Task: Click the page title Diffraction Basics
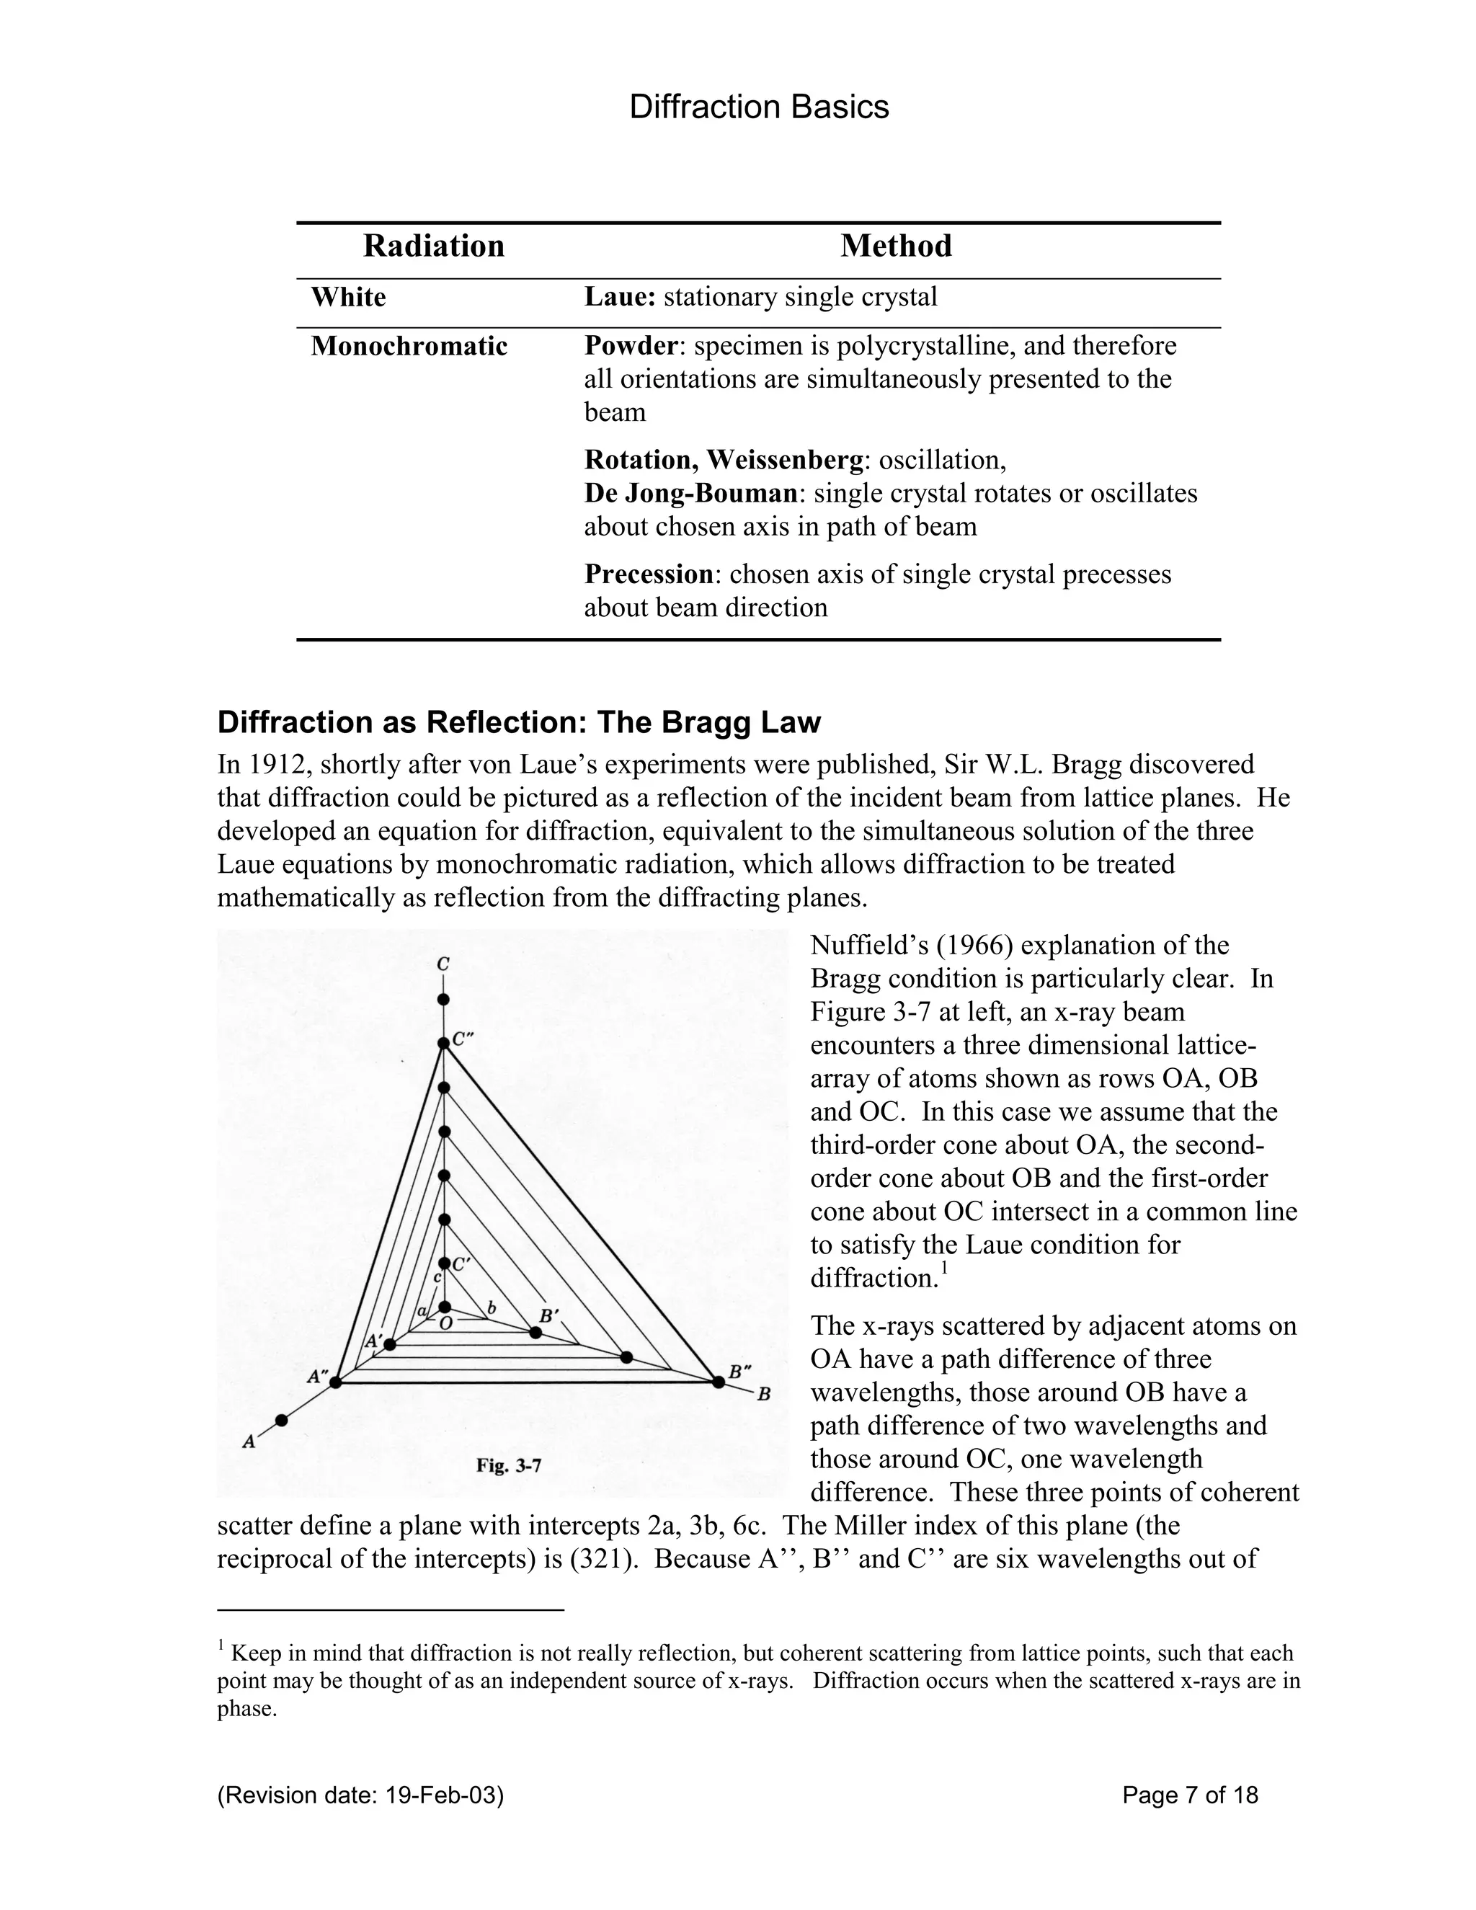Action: (x=758, y=107)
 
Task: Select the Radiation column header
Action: (x=434, y=246)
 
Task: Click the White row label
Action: (x=348, y=298)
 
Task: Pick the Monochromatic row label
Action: (x=409, y=346)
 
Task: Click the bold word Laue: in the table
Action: (x=619, y=298)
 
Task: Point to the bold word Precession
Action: (x=649, y=574)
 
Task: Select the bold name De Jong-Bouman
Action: (x=690, y=493)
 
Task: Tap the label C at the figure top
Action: (x=443, y=964)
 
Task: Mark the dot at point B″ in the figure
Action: (x=718, y=1382)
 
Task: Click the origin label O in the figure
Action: (x=446, y=1324)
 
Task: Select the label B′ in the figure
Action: (x=548, y=1315)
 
